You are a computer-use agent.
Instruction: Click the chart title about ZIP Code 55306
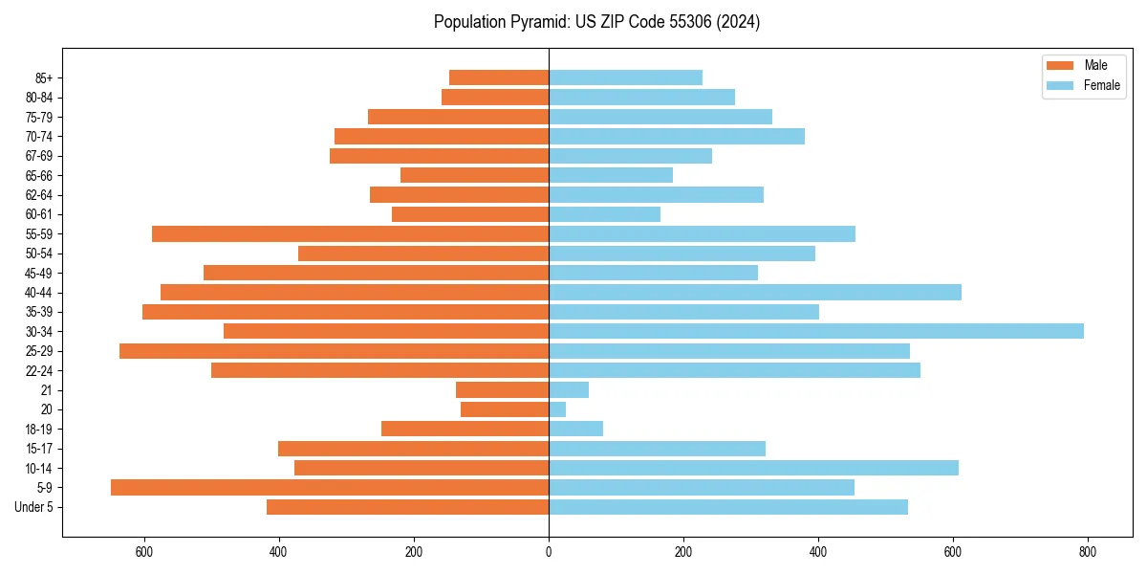(596, 22)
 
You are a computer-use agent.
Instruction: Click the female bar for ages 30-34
(816, 331)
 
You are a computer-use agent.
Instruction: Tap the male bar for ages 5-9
(330, 487)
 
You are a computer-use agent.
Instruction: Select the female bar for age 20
(557, 409)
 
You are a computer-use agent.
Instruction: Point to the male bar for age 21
(502, 389)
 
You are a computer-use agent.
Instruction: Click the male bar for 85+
(499, 77)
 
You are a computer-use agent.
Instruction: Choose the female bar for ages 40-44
(755, 292)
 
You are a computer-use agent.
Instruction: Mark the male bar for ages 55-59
(350, 233)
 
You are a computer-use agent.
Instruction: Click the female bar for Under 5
(728, 507)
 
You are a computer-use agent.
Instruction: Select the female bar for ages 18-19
(575, 429)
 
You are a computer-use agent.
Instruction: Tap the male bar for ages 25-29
(334, 351)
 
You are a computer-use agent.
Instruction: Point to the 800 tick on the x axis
(1087, 552)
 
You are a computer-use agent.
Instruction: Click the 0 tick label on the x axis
(549, 552)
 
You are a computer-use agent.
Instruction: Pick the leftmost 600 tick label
(144, 552)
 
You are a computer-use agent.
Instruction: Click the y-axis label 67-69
(39, 156)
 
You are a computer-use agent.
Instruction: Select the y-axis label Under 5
(33, 507)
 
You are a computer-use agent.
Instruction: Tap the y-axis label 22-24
(39, 370)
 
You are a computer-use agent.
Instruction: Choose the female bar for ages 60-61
(604, 214)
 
